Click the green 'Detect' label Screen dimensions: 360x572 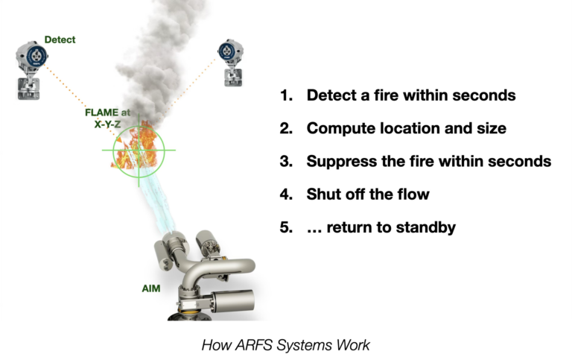point(60,40)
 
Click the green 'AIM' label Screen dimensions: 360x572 point(151,288)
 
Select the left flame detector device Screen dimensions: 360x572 point(31,59)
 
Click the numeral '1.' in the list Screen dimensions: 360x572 point(287,95)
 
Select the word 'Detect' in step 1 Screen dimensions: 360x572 point(331,95)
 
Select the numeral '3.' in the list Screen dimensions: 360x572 point(287,161)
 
